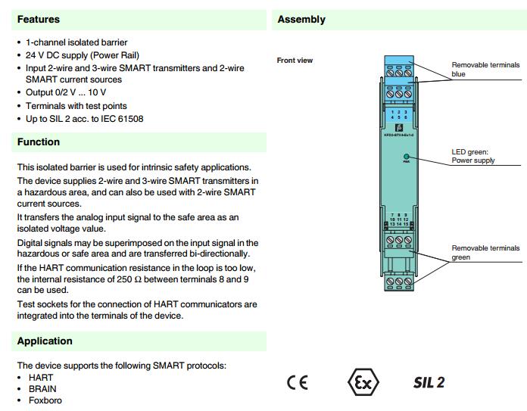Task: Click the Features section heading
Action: pyautogui.click(x=39, y=20)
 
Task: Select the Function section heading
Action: pyautogui.click(x=39, y=142)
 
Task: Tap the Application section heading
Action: pyautogui.click(x=45, y=341)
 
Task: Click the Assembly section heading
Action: pyautogui.click(x=301, y=20)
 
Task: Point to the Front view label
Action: pyautogui.click(x=295, y=61)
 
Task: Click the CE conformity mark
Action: pyautogui.click(x=298, y=381)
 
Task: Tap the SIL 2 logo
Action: pyautogui.click(x=429, y=381)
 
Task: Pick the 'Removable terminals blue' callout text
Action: pyautogui.click(x=485, y=70)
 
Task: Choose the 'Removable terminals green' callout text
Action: pyautogui.click(x=485, y=253)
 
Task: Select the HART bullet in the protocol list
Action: pyautogui.click(x=41, y=377)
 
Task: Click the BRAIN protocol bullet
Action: pyautogui.click(x=42, y=388)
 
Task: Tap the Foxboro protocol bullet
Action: pyautogui.click(x=45, y=400)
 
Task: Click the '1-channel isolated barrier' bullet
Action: pyautogui.click(x=76, y=43)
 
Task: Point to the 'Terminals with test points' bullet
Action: pyautogui.click(x=76, y=106)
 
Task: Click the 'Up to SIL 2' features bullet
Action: pyautogui.click(x=84, y=119)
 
